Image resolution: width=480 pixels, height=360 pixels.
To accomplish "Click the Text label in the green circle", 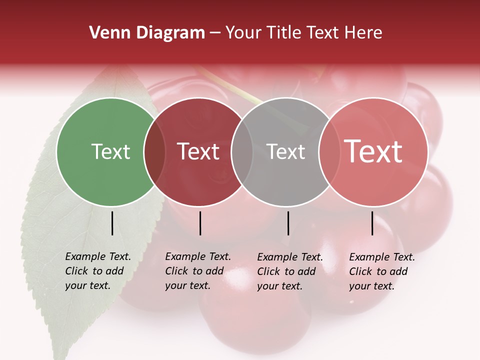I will coord(110,151).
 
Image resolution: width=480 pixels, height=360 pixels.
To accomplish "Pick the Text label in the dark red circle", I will coord(198,151).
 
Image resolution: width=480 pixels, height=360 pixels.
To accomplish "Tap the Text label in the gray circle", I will coord(286,151).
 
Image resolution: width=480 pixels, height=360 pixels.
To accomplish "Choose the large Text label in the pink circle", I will coord(373,151).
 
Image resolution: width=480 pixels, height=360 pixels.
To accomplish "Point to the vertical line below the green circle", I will coord(112,223).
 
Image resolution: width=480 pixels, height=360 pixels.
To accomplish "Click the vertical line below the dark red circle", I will coord(200,223).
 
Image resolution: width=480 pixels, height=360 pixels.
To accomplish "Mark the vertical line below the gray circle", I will coord(288,223).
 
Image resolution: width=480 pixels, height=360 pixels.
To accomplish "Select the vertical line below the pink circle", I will coord(372,223).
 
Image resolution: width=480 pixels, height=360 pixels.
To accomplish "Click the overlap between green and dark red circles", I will coord(154,152).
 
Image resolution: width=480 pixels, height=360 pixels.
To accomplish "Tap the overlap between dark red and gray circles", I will coord(242,152).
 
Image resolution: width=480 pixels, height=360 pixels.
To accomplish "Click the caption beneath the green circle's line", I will coord(98,271).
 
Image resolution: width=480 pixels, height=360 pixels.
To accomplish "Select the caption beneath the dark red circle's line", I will coord(198,271).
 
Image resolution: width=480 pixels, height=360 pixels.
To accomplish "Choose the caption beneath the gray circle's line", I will coord(290,271).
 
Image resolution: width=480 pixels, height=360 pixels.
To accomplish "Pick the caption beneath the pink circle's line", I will coord(382,271).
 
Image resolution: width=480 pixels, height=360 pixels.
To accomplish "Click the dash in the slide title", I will coord(215,33).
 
